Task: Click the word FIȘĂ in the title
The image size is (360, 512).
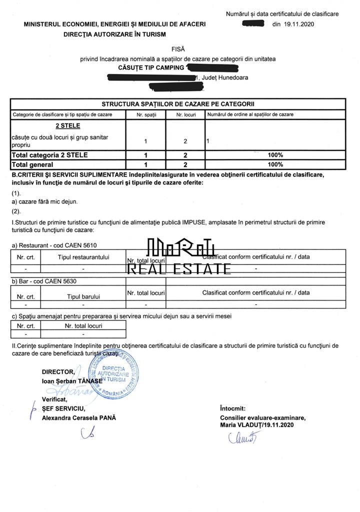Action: (x=178, y=49)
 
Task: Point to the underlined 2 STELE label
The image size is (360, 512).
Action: (x=67, y=125)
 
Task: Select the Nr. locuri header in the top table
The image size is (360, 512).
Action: (x=185, y=114)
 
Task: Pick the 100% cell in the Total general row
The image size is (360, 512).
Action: (x=275, y=164)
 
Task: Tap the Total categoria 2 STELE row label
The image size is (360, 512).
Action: (x=49, y=155)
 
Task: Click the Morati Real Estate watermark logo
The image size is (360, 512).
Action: (x=180, y=256)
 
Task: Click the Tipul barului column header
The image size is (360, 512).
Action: (x=83, y=296)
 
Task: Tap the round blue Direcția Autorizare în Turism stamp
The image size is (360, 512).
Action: (x=113, y=373)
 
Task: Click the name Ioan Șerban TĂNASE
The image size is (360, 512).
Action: (x=72, y=380)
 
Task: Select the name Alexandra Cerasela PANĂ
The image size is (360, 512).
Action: (x=79, y=418)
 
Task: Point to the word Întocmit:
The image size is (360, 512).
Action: (x=232, y=408)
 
